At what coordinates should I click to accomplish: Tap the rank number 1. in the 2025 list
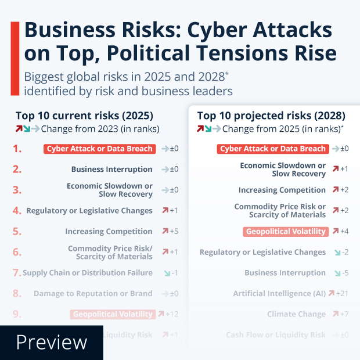point(17,149)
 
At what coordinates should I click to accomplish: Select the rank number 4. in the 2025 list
point(17,211)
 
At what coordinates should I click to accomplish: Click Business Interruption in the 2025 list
point(111,170)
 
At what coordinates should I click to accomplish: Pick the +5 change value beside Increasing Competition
point(174,232)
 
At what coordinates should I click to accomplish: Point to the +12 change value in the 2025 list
point(172,314)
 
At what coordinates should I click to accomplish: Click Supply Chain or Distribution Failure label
point(88,273)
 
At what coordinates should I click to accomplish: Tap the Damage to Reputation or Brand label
point(93,294)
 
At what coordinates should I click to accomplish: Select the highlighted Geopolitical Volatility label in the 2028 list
point(286,232)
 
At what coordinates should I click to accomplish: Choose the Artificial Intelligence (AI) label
point(279,294)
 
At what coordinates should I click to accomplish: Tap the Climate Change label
point(296,314)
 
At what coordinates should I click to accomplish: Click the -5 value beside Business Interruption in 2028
point(344,273)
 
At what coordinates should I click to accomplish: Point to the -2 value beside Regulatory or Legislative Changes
point(344,253)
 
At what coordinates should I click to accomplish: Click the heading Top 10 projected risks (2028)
point(271,115)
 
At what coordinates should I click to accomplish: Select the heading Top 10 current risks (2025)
point(84,115)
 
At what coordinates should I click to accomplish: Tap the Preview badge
point(51,342)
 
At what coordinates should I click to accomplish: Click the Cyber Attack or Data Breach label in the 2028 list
point(273,149)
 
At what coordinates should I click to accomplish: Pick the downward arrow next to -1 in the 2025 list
point(167,273)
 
